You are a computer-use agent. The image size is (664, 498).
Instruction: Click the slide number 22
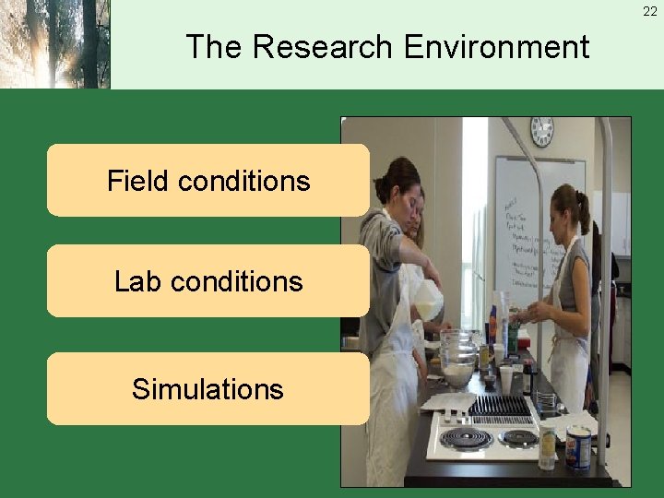point(650,11)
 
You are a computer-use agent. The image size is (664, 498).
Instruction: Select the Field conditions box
point(207,180)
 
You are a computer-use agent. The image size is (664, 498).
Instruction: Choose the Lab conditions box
point(207,281)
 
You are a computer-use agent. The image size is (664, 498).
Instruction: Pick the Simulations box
point(207,388)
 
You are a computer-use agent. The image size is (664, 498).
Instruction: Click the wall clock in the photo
point(541,132)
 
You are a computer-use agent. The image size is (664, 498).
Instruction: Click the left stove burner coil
point(466,438)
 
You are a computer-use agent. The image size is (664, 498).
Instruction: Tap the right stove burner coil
point(518,436)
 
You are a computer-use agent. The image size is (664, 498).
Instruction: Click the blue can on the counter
point(578,446)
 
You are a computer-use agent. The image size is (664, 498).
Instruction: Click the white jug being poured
point(427,300)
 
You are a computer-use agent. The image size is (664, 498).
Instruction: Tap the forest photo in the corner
point(54,44)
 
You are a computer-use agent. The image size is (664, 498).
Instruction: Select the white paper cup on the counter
point(506,379)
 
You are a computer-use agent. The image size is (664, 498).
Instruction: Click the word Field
point(138,181)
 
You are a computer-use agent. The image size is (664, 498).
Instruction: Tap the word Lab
point(136,281)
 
